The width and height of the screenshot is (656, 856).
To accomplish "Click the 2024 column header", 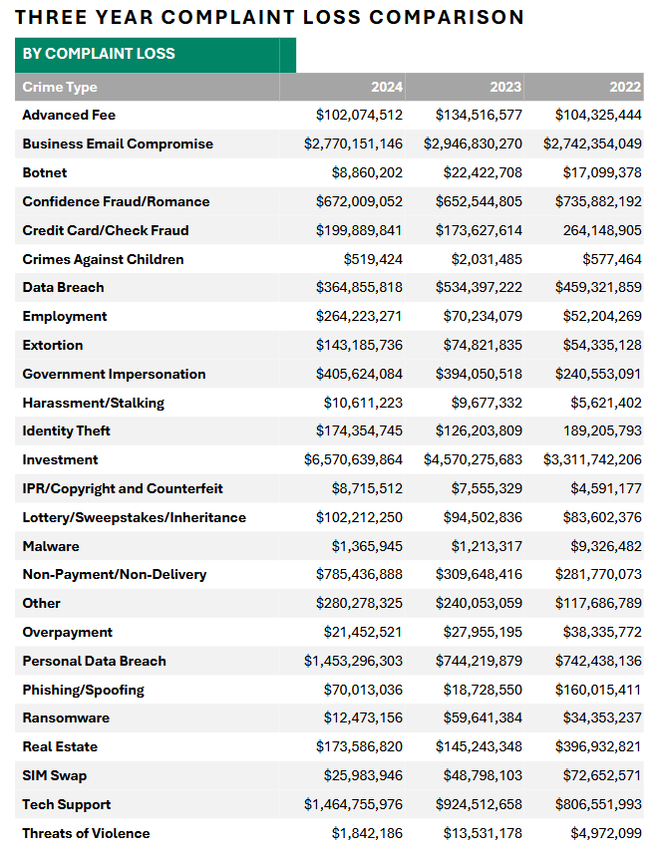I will coord(387,87).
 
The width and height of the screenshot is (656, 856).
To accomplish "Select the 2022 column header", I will coord(626,87).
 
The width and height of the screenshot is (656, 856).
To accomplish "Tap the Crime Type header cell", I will coord(60,87).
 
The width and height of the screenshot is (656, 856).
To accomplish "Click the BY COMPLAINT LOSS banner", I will coord(98,54).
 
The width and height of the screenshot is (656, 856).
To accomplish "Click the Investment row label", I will coord(60,459).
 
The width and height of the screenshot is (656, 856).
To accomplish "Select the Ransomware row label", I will coord(66,717).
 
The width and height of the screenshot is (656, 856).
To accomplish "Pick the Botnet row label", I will coord(45,172).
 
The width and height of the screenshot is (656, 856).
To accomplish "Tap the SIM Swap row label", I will coord(54,775).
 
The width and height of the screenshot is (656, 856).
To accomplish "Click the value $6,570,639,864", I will coord(354,459).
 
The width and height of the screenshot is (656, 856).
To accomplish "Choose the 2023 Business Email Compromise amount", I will coord(473,143).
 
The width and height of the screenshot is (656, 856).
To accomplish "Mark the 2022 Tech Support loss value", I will coord(598,804).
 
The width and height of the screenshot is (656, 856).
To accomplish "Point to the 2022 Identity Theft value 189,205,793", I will coord(602,430).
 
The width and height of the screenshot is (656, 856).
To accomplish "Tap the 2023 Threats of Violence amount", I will coord(483,833).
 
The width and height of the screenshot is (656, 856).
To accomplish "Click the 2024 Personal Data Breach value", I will coord(354,661).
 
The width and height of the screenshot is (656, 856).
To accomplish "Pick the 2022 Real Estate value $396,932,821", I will coord(598,746).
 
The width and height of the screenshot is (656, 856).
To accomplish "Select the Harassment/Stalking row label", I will coord(93,403).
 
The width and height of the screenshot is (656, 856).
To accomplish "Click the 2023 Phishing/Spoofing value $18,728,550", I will coord(483,690).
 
